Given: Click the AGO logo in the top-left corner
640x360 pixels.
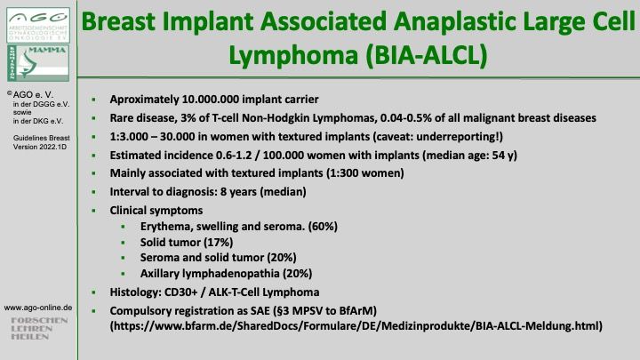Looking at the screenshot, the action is pos(38,25).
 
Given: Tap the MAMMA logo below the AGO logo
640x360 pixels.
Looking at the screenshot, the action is pos(38,63).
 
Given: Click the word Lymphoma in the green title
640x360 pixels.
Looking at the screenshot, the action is pos(293,55).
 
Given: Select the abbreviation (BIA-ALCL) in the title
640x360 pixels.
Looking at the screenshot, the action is pos(427,55).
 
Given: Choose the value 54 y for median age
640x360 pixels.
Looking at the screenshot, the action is pos(505,155).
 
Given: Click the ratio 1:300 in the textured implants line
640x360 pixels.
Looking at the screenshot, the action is pos(342,173).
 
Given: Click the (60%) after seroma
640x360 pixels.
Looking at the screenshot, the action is pos(323,227).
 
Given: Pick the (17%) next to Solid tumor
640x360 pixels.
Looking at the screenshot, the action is pos(219,243).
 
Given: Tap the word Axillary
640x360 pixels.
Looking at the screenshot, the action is pos(160,274).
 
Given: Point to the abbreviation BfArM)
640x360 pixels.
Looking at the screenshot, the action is pos(358,311).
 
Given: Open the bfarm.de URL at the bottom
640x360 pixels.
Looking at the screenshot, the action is pos(356,326).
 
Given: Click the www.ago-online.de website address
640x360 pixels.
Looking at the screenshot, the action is pos(38,308).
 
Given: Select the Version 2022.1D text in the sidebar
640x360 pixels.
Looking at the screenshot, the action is pos(40,147).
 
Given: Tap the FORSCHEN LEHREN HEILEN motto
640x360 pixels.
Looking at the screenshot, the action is pos(39,329).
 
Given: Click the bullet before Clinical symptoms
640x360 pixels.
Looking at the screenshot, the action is pos(94,211).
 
